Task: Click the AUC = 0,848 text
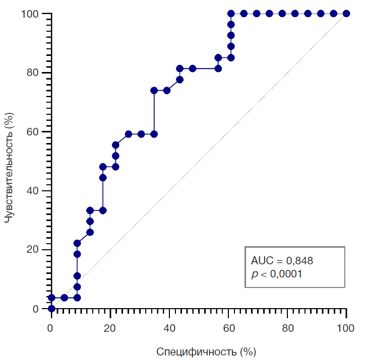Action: pyautogui.click(x=285, y=261)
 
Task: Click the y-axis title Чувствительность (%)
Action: pyautogui.click(x=9, y=161)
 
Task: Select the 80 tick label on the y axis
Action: pyautogui.click(x=33, y=73)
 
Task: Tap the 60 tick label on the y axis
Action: pyautogui.click(x=33, y=132)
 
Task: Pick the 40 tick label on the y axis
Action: pyautogui.click(x=33, y=191)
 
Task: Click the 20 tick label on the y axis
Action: pyautogui.click(x=33, y=250)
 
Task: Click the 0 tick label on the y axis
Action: pyautogui.click(x=36, y=309)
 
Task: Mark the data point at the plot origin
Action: pyautogui.click(x=51, y=309)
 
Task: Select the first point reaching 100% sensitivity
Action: pyautogui.click(x=231, y=14)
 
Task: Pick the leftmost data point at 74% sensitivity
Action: pyautogui.click(x=154, y=91)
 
